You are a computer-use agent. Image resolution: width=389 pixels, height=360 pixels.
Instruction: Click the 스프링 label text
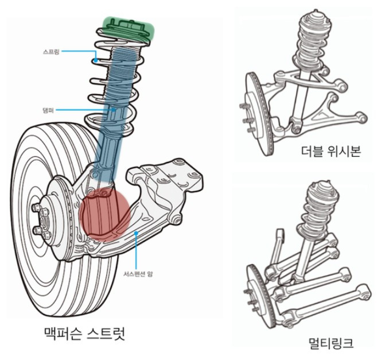50,51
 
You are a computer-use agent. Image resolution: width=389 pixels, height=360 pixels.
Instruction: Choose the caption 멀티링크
330,343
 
